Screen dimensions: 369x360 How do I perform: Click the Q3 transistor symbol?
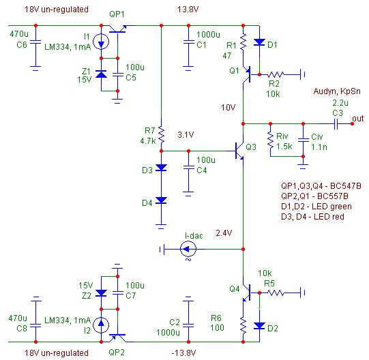pyautogui.click(x=239, y=151)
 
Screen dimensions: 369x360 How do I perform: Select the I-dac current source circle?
pyautogui.click(x=188, y=249)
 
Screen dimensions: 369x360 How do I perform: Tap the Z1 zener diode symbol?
pyautogui.click(x=101, y=74)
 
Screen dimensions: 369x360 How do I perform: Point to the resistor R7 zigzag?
pyautogui.click(x=161, y=134)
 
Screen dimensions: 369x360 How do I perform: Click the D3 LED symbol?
pyautogui.click(x=161, y=168)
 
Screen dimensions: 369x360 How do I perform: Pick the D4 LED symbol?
pyautogui.click(x=161, y=200)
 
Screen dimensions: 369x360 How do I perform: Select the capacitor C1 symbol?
pyautogui.click(x=188, y=42)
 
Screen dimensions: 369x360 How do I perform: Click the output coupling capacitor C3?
pyautogui.click(x=336, y=124)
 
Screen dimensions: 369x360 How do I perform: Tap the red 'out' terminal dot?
pyautogui.click(x=352, y=124)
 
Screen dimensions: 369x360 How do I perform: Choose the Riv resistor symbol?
pyautogui.click(x=270, y=140)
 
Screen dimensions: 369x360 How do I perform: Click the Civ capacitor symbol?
pyautogui.click(x=303, y=140)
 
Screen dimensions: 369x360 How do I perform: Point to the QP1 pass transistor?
pyautogui.click(x=118, y=29)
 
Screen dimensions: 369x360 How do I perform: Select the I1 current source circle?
pyautogui.click(x=101, y=42)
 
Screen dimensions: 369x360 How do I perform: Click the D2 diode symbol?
pyautogui.click(x=259, y=326)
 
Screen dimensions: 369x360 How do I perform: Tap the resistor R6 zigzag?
pyautogui.click(x=243, y=326)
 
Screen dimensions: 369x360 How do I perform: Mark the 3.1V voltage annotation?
pyautogui.click(x=186, y=135)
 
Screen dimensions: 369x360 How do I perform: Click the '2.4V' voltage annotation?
pyautogui.click(x=224, y=233)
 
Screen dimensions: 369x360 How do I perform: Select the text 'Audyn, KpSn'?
pyautogui.click(x=337, y=91)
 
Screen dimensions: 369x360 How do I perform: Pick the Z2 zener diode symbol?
pyautogui.click(x=101, y=293)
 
